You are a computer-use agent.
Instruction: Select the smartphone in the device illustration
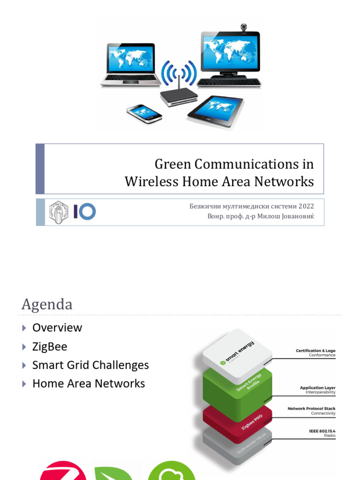point(144,113)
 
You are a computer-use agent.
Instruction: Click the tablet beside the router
point(215,111)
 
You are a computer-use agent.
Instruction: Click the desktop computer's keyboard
point(229,82)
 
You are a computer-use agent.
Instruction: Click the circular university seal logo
point(59,211)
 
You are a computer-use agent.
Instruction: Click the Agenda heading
point(47,305)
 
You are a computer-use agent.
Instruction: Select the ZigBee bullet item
point(50,346)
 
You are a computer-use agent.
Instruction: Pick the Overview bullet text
point(57,328)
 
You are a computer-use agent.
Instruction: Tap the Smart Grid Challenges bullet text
point(90,365)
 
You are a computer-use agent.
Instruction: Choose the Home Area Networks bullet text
point(89,383)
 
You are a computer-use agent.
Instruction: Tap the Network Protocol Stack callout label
point(311,409)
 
